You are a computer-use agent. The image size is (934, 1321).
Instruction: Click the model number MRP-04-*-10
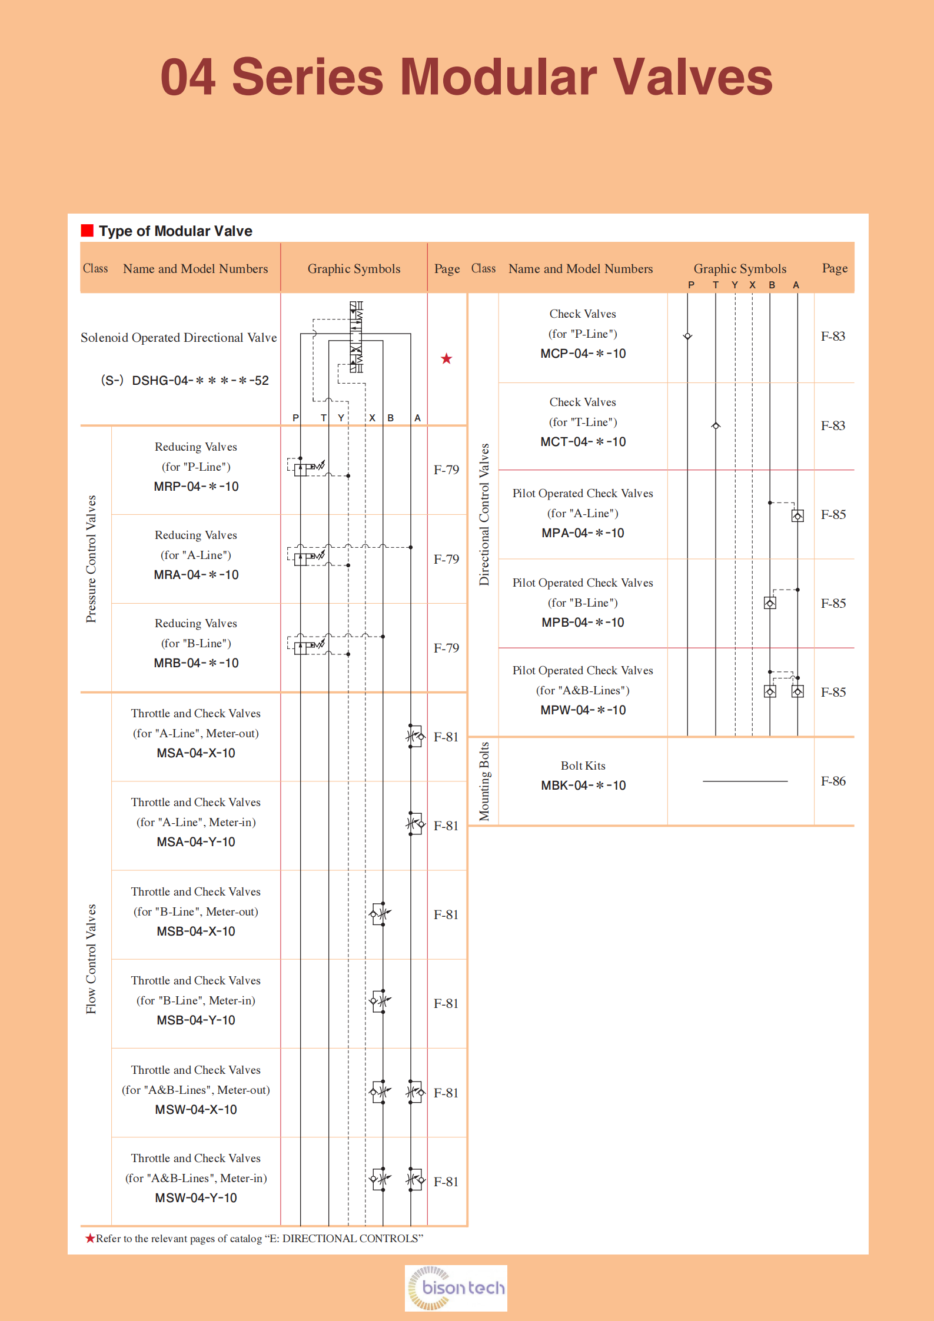tap(196, 487)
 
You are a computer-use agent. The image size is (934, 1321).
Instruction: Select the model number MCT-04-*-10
tap(583, 442)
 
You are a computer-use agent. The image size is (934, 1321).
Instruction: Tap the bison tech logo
tap(456, 1287)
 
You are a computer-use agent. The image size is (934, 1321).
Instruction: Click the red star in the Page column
tap(447, 359)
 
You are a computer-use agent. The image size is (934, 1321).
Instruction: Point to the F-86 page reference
tap(833, 781)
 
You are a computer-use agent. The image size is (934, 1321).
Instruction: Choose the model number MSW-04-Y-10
tap(196, 1197)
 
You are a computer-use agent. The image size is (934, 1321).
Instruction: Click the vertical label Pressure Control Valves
tap(91, 558)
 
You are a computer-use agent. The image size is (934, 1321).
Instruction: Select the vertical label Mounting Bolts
tap(484, 781)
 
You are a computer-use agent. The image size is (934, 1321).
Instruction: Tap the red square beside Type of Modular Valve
tap(87, 230)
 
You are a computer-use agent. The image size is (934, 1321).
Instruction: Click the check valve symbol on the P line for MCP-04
tap(687, 336)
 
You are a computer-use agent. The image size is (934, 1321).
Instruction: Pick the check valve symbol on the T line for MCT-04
tap(716, 425)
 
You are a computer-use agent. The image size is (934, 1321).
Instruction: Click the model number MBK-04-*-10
tap(583, 786)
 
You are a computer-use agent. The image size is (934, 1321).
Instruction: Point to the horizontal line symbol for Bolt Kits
tap(744, 781)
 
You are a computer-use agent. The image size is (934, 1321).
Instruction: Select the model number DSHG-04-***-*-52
tap(200, 381)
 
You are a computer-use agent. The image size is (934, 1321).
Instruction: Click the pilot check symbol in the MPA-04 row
tap(797, 516)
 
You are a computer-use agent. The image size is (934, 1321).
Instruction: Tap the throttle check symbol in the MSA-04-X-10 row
tap(416, 736)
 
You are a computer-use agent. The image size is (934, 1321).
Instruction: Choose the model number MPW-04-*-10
tap(583, 710)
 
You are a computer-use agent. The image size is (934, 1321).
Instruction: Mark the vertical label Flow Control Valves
tap(91, 959)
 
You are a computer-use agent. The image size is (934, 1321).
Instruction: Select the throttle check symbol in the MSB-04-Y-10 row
tap(380, 1001)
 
